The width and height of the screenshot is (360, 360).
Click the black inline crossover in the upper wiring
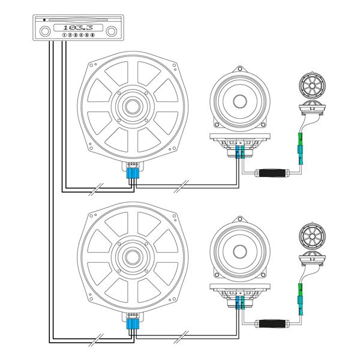[274, 174]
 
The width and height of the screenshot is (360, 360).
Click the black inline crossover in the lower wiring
[274, 325]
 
